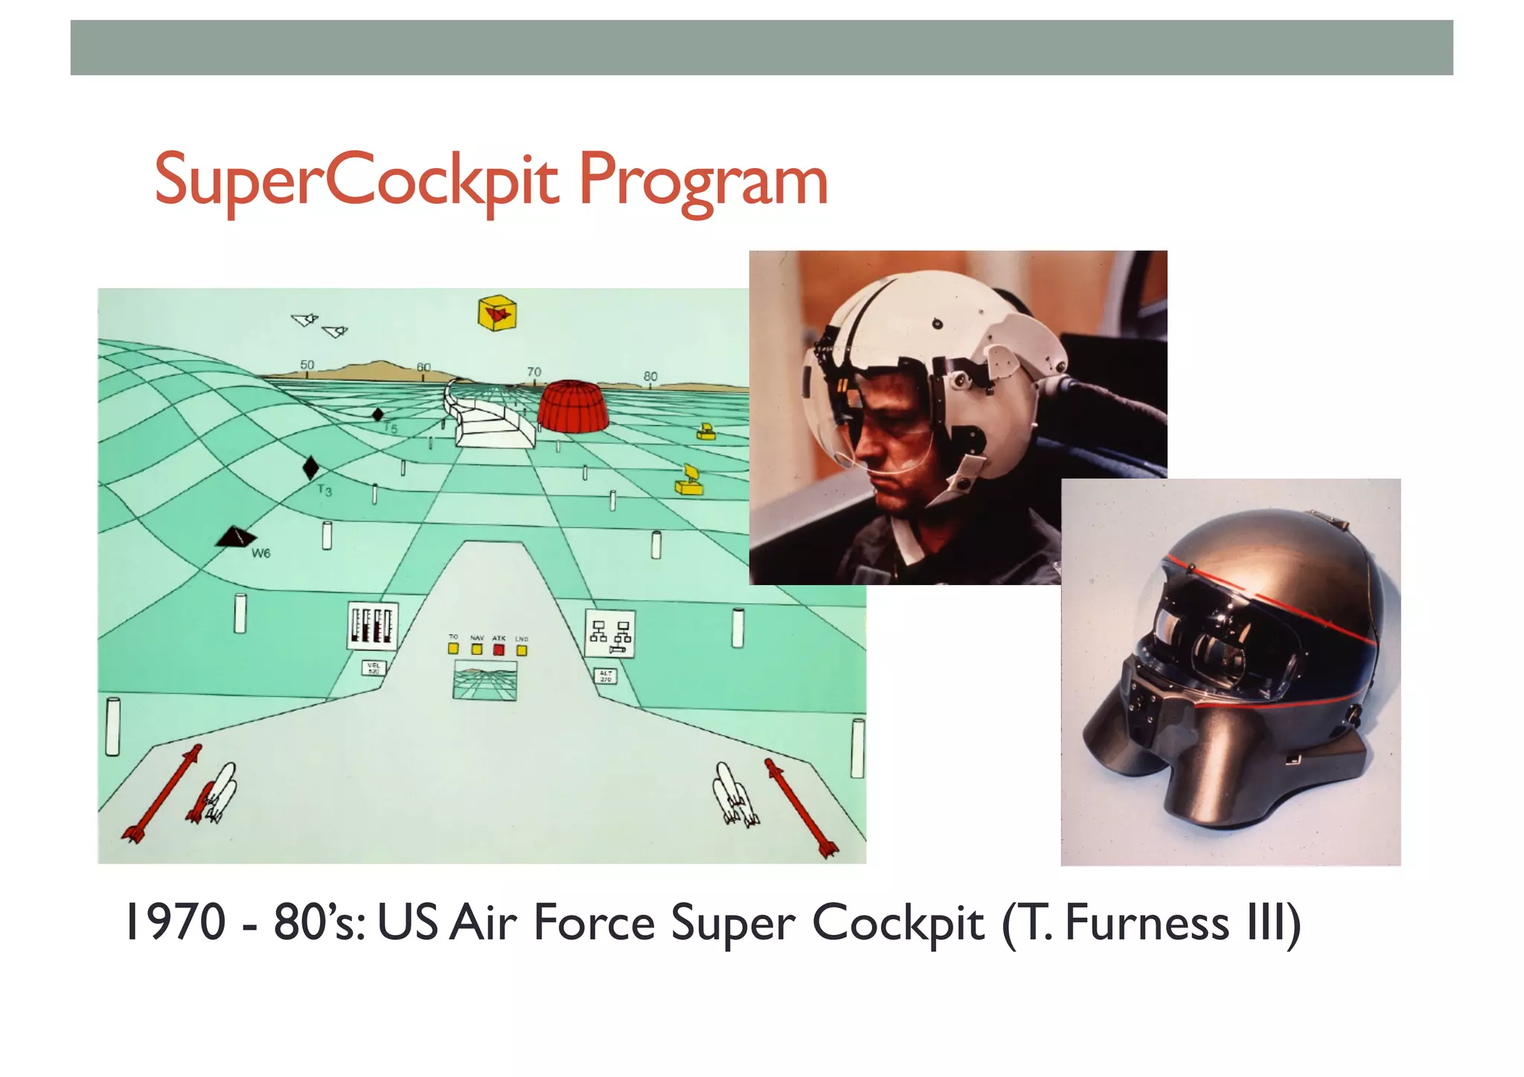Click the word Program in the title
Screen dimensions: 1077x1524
(702, 181)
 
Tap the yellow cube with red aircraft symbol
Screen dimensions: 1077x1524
(497, 313)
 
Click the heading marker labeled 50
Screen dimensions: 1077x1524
(307, 365)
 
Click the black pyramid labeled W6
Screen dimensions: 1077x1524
(235, 537)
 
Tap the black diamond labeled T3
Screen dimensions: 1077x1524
(310, 468)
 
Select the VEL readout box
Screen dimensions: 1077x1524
(374, 668)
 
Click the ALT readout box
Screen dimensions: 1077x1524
(606, 676)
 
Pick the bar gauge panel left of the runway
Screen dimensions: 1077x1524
(372, 626)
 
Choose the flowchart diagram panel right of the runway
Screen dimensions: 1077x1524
(610, 633)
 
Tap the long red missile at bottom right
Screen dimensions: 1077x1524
(802, 807)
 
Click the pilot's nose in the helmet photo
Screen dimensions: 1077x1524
(863, 450)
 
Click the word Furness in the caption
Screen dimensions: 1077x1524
(1147, 924)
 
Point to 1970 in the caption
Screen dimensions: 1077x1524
(176, 924)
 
